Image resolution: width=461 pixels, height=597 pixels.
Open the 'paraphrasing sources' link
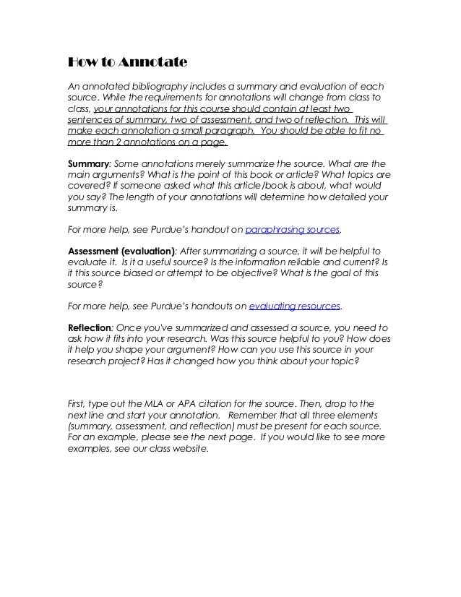click(292, 231)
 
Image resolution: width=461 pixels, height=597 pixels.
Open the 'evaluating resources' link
click(294, 306)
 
